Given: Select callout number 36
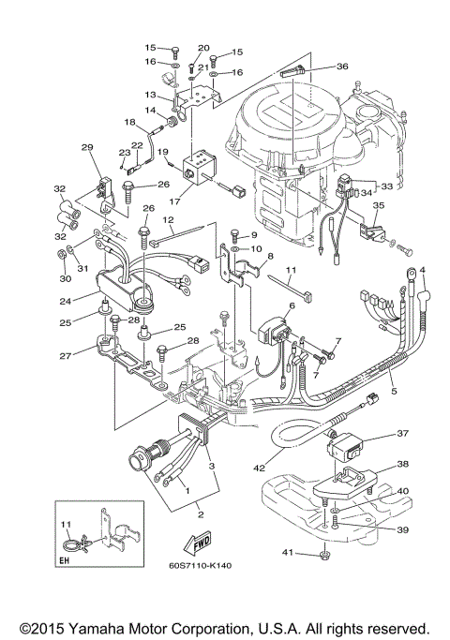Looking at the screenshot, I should (x=340, y=67).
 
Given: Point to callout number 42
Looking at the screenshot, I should (x=259, y=460).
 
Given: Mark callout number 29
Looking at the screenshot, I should (x=88, y=147).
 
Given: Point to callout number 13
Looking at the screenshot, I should (x=150, y=95).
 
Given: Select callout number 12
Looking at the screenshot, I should (x=170, y=220).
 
